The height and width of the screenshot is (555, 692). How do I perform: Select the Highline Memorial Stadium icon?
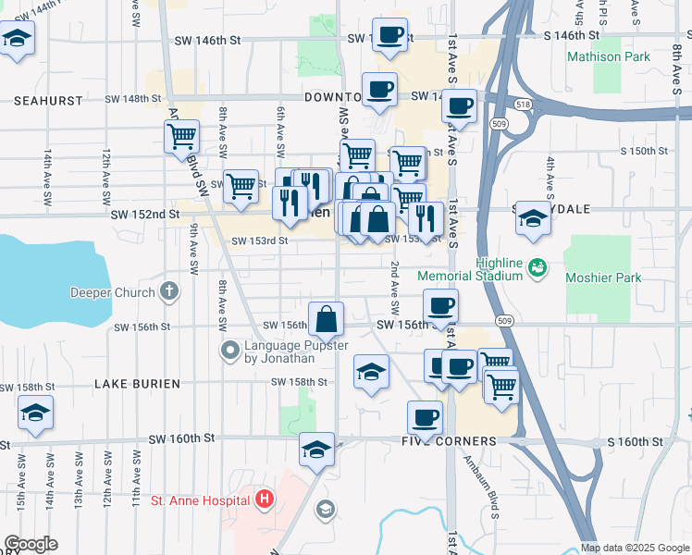pyautogui.click(x=536, y=268)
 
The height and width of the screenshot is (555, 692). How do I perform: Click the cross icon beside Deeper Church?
pyautogui.click(x=167, y=292)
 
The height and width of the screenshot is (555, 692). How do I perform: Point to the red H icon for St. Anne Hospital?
pyautogui.click(x=265, y=501)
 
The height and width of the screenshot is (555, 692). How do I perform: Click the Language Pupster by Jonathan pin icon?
pyautogui.click(x=230, y=351)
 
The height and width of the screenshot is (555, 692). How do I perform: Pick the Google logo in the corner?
pyautogui.click(x=31, y=544)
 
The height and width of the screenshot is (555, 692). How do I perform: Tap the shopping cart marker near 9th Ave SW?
pyautogui.click(x=181, y=138)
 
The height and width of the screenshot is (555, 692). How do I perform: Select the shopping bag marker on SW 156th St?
pyautogui.click(x=326, y=320)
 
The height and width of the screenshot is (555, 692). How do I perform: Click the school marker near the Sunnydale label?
pyautogui.click(x=532, y=219)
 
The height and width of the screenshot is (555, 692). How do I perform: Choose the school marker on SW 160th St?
pyautogui.click(x=316, y=450)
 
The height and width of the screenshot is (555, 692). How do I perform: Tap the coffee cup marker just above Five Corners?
pyautogui.click(x=425, y=418)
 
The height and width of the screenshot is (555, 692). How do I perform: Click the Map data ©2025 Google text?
pyautogui.click(x=636, y=548)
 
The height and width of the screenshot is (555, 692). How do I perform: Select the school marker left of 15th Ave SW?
pyautogui.click(x=35, y=413)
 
